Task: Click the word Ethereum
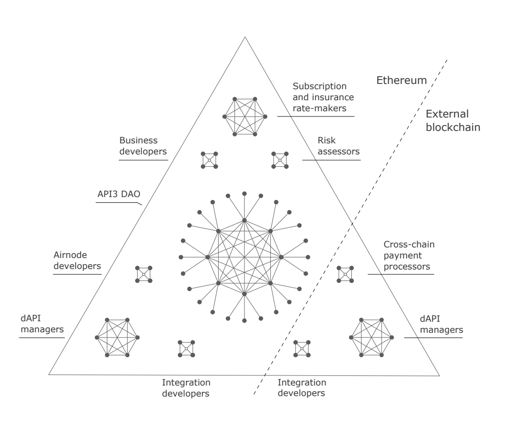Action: point(401,80)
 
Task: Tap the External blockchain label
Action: point(447,121)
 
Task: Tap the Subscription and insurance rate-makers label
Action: point(323,98)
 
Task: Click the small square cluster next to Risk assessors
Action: point(280,160)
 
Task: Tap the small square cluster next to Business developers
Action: point(209,160)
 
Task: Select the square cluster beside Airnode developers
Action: point(143,274)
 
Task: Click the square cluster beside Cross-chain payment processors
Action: point(345,274)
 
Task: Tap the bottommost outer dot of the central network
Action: point(244,320)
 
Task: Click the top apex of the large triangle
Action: point(244,36)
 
